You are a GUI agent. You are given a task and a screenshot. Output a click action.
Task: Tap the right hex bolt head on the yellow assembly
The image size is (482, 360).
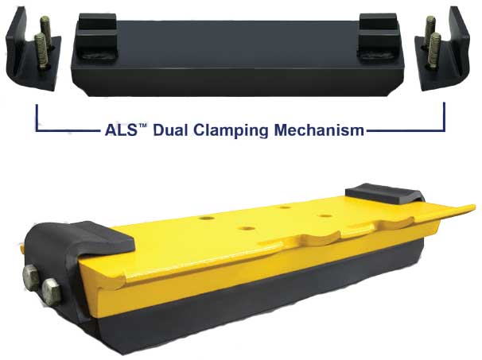[x=49, y=287]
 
